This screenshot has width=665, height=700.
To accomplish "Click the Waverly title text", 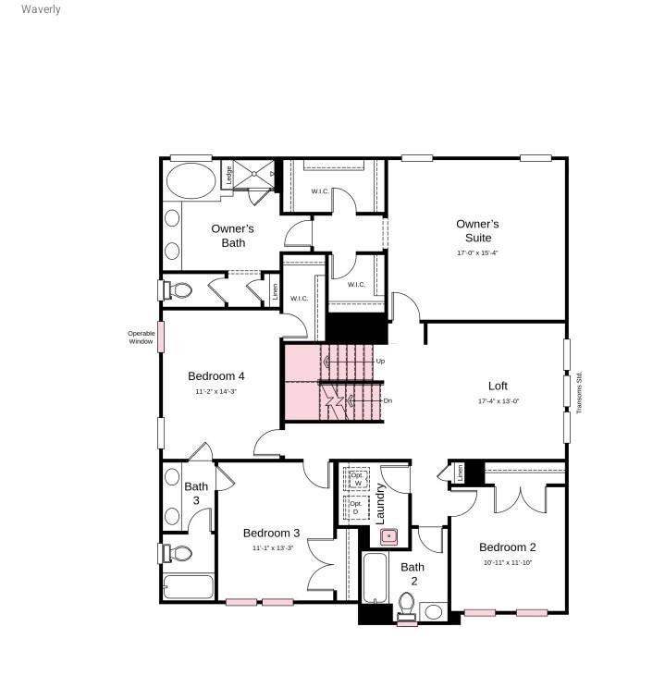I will coord(41,9).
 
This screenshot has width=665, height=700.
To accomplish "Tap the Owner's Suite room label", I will coord(477,231).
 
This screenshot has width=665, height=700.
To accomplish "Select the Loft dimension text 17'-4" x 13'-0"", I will coord(498,401).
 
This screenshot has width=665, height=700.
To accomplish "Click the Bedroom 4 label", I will coord(216,376).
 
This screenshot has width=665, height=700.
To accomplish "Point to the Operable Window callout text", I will coord(141,338).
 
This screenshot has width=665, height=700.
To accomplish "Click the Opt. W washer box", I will coord(356,478).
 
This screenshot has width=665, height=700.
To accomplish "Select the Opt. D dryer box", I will coord(355,507).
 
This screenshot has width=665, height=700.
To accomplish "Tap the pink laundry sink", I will coord(389,534).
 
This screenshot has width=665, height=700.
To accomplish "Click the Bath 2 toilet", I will coord(406,606).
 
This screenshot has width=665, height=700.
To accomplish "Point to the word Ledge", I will coord(228,174).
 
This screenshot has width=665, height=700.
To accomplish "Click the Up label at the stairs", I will coord(380,361).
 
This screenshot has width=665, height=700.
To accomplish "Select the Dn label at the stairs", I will coord(388,400).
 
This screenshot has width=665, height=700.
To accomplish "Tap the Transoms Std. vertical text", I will coord(580,392).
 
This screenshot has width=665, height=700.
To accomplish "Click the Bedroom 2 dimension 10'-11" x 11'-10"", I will coord(508,562).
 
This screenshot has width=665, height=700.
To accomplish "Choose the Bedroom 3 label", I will coord(271,533).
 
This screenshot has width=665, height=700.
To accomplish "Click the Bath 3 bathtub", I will coord(189,587).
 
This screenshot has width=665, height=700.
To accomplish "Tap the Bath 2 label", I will coord(413,573).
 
